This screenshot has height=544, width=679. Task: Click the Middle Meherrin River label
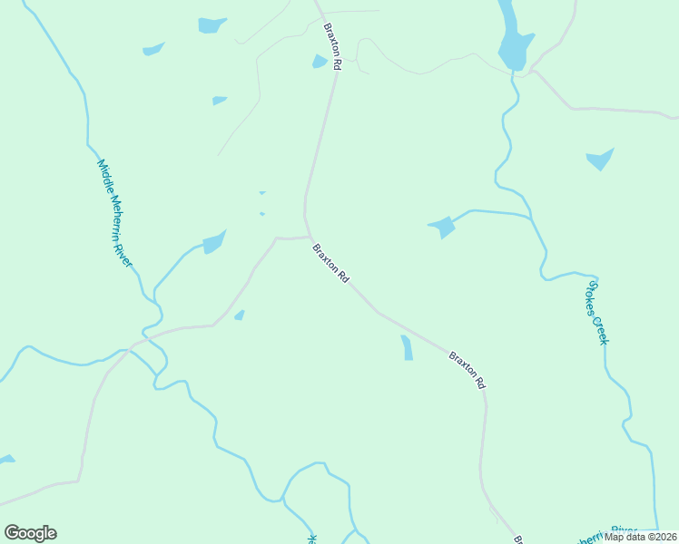pyautogui.click(x=115, y=214)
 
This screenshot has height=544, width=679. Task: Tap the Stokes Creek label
pyautogui.click(x=596, y=312)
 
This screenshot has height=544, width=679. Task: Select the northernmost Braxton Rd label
pyautogui.click(x=332, y=47)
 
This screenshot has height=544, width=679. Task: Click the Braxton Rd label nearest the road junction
pyautogui.click(x=330, y=264)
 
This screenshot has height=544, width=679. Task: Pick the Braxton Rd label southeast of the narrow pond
pyautogui.click(x=467, y=370)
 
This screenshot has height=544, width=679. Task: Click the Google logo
pyautogui.click(x=30, y=533)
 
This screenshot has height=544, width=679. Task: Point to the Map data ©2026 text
pyautogui.click(x=641, y=537)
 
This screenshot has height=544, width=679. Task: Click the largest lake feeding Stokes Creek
pyautogui.click(x=513, y=41)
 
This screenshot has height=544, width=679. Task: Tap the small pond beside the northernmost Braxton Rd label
pyautogui.click(x=320, y=62)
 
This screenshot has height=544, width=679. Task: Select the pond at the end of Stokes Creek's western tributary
pyautogui.click(x=442, y=227)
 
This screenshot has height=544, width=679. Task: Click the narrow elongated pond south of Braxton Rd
pyautogui.click(x=407, y=347)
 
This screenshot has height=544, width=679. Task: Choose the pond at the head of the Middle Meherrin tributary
pyautogui.click(x=214, y=242)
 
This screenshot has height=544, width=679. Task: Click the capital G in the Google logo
pyautogui.click(x=12, y=532)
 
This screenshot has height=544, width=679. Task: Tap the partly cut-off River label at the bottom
pyautogui.click(x=624, y=529)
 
